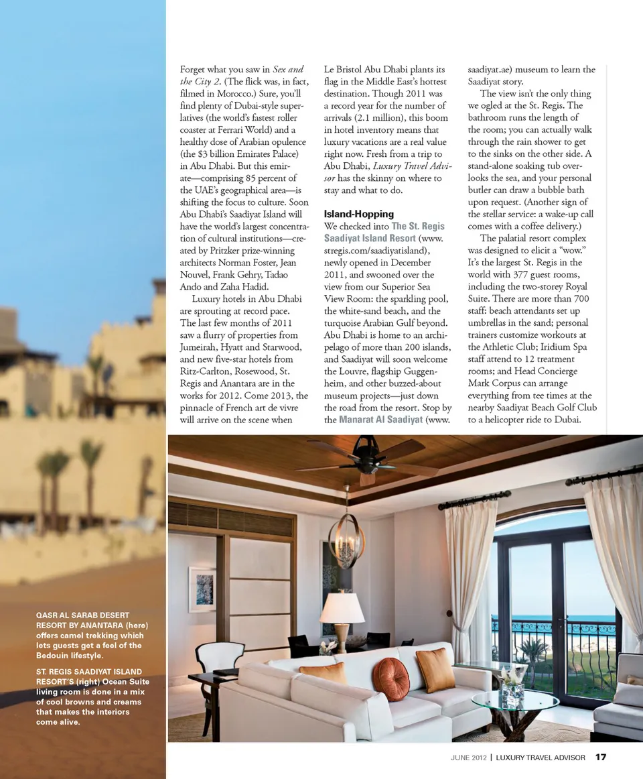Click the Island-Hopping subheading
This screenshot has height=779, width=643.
click(x=358, y=214)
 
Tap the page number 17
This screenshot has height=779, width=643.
click(x=601, y=758)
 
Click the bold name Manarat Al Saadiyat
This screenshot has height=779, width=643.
click(x=381, y=420)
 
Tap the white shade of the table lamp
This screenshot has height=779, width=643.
click(x=342, y=608)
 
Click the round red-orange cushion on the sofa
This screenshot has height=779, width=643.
click(x=390, y=678)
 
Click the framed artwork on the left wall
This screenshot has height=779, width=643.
click(x=202, y=589)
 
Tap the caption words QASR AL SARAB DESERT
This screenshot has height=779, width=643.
click(x=82, y=614)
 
